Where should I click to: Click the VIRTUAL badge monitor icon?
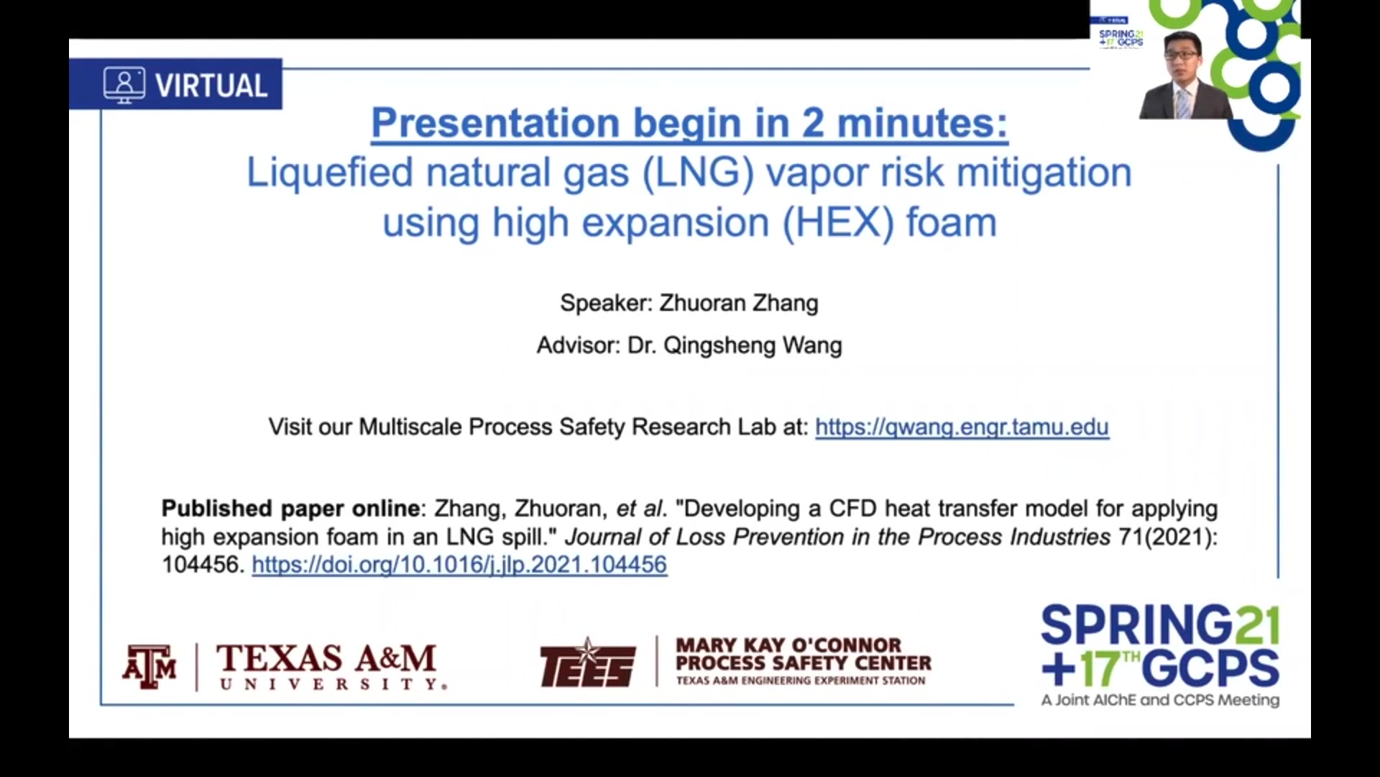pyautogui.click(x=124, y=85)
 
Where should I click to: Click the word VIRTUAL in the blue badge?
pyautogui.click(x=211, y=86)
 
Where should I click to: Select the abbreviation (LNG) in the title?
pyautogui.click(x=698, y=173)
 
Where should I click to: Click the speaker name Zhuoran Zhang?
pyautogui.click(x=739, y=303)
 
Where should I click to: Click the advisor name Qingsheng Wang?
pyautogui.click(x=753, y=345)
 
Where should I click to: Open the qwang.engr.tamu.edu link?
pyautogui.click(x=962, y=427)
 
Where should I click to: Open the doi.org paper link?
pyautogui.click(x=459, y=565)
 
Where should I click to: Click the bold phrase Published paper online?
pyautogui.click(x=290, y=509)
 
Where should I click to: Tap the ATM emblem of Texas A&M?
pyautogui.click(x=149, y=666)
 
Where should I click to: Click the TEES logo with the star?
pyautogui.click(x=588, y=663)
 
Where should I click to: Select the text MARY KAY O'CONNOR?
pyautogui.click(x=788, y=645)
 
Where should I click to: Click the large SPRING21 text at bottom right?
pyautogui.click(x=1160, y=624)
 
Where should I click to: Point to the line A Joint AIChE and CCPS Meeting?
pyautogui.click(x=1160, y=700)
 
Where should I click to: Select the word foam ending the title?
pyautogui.click(x=951, y=223)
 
